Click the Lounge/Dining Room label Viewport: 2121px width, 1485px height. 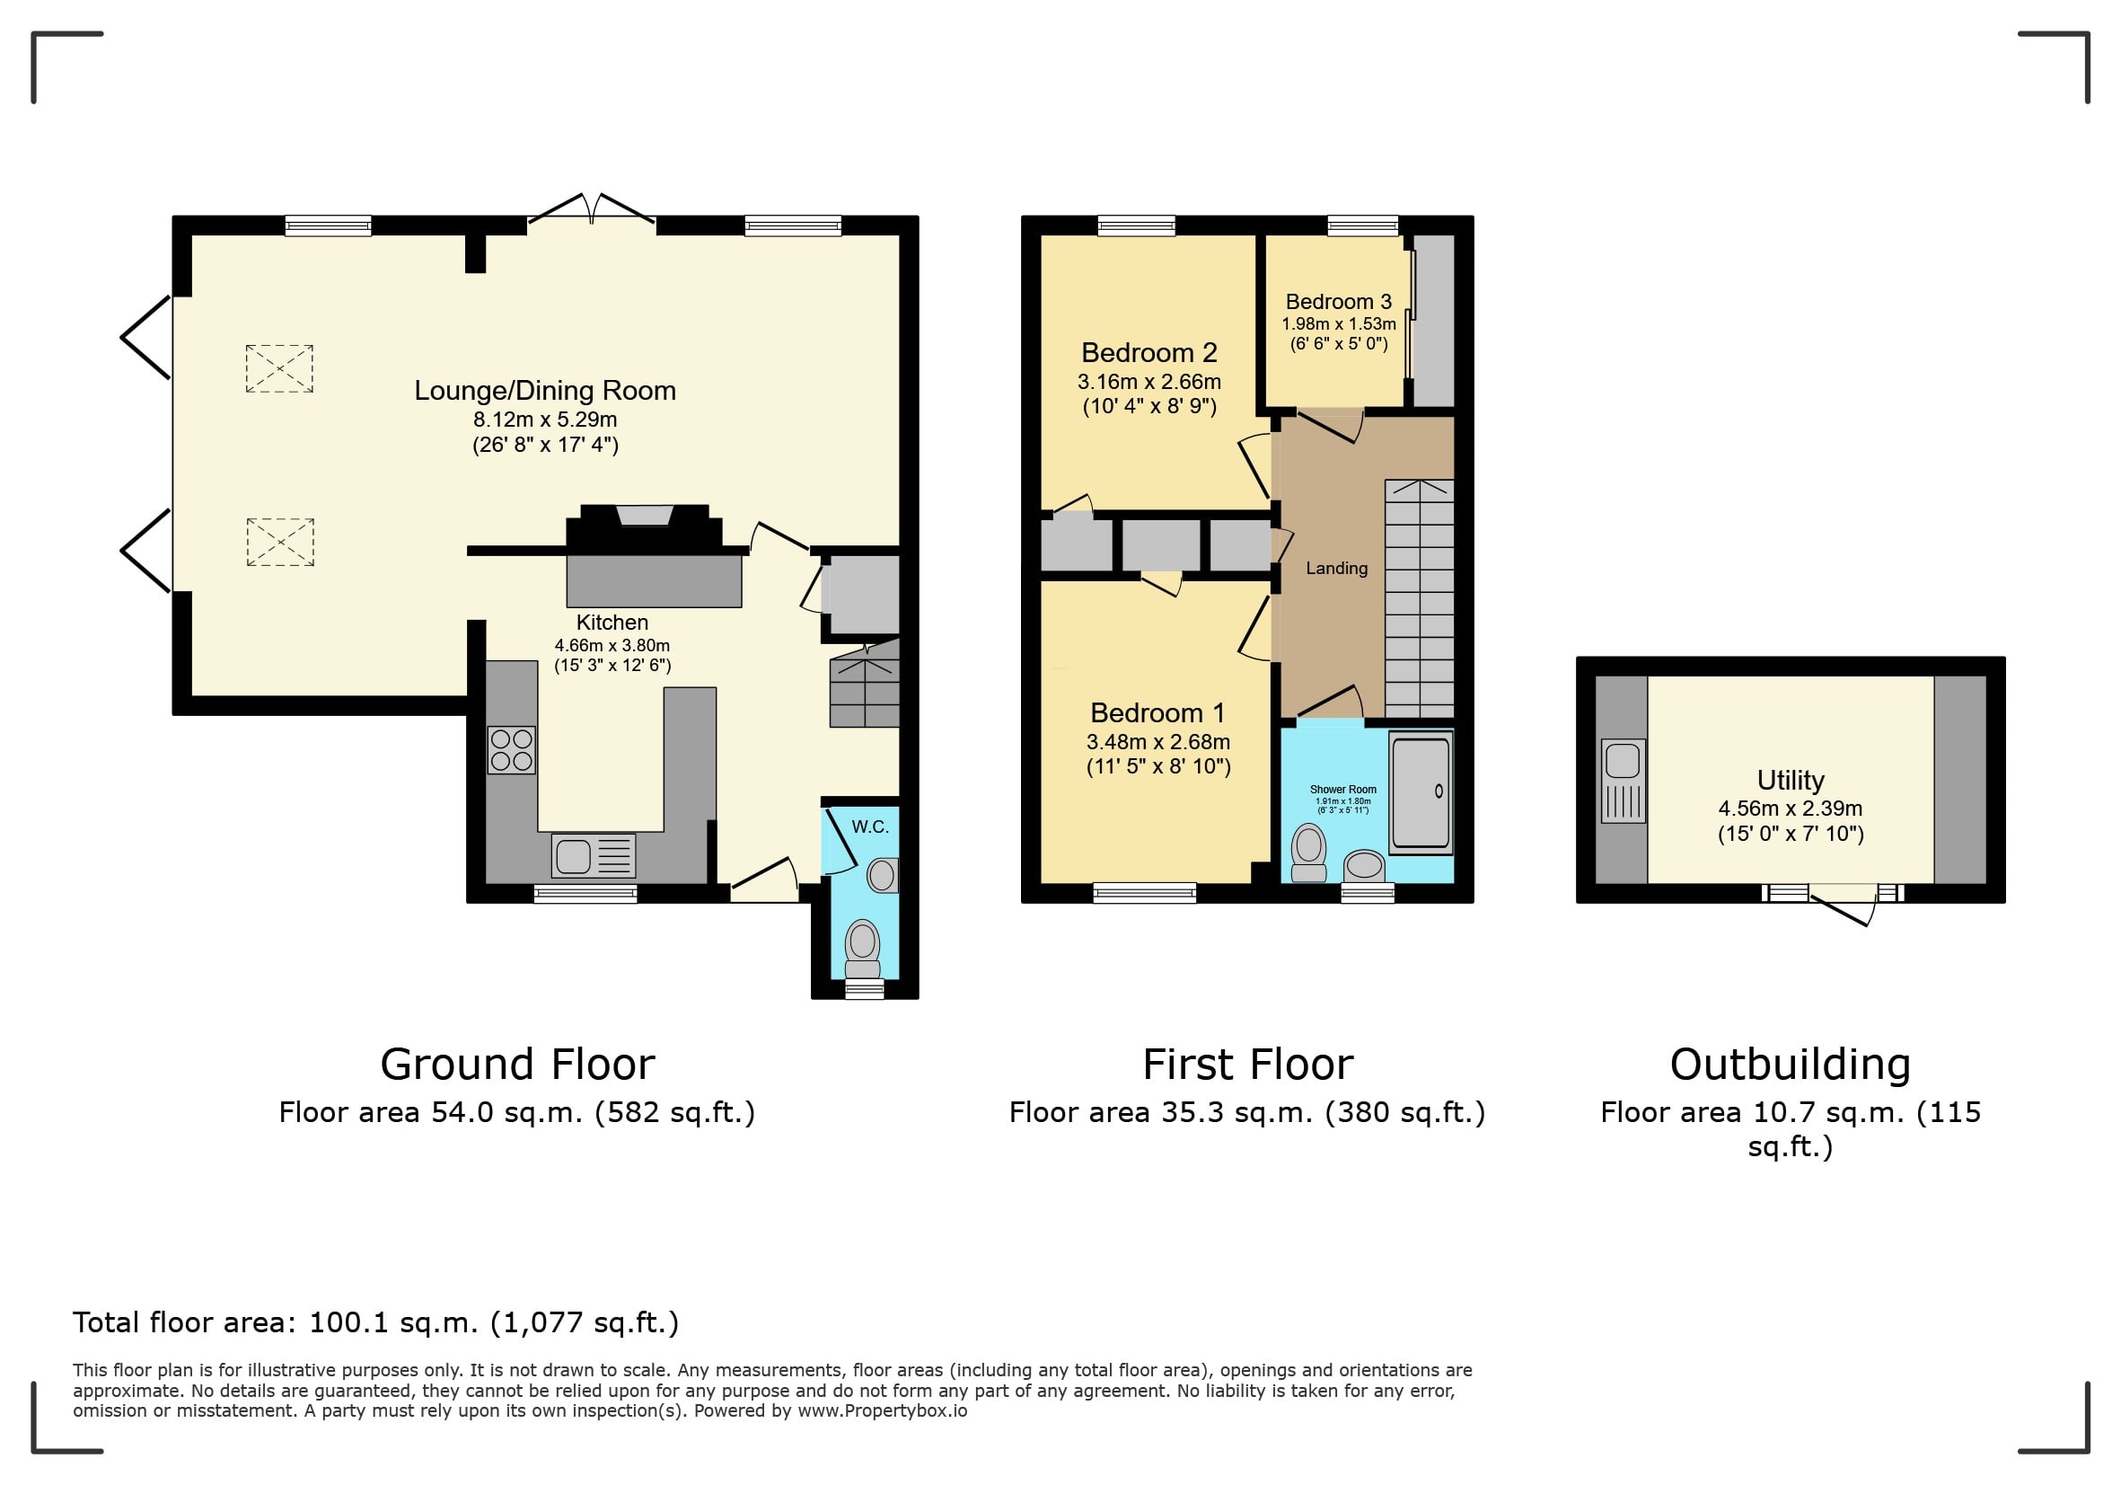[545, 391]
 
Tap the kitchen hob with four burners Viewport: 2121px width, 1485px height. [512, 749]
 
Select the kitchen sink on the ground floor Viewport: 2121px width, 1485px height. [594, 856]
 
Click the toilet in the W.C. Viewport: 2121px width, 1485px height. [863, 948]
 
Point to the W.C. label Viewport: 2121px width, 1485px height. [870, 827]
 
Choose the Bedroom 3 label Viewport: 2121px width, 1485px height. [1339, 302]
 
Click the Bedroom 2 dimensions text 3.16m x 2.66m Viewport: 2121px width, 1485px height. [1149, 382]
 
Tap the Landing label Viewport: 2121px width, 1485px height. [1337, 569]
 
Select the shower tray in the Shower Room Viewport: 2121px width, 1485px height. [1421, 791]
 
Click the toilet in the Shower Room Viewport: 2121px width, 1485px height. [1309, 853]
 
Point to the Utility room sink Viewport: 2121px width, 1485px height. [1624, 781]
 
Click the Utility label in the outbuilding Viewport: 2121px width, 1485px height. [1791, 781]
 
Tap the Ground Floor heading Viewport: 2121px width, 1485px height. [517, 1065]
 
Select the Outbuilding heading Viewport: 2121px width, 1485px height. [1791, 1065]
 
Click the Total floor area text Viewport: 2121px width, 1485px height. [376, 1323]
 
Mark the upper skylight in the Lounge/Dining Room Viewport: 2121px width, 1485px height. [279, 368]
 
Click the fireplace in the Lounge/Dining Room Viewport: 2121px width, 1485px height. [645, 530]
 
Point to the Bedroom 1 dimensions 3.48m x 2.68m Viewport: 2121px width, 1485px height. [1158, 742]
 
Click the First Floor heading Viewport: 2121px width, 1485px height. [1248, 1065]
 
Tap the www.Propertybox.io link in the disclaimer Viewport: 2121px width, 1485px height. [882, 1411]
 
